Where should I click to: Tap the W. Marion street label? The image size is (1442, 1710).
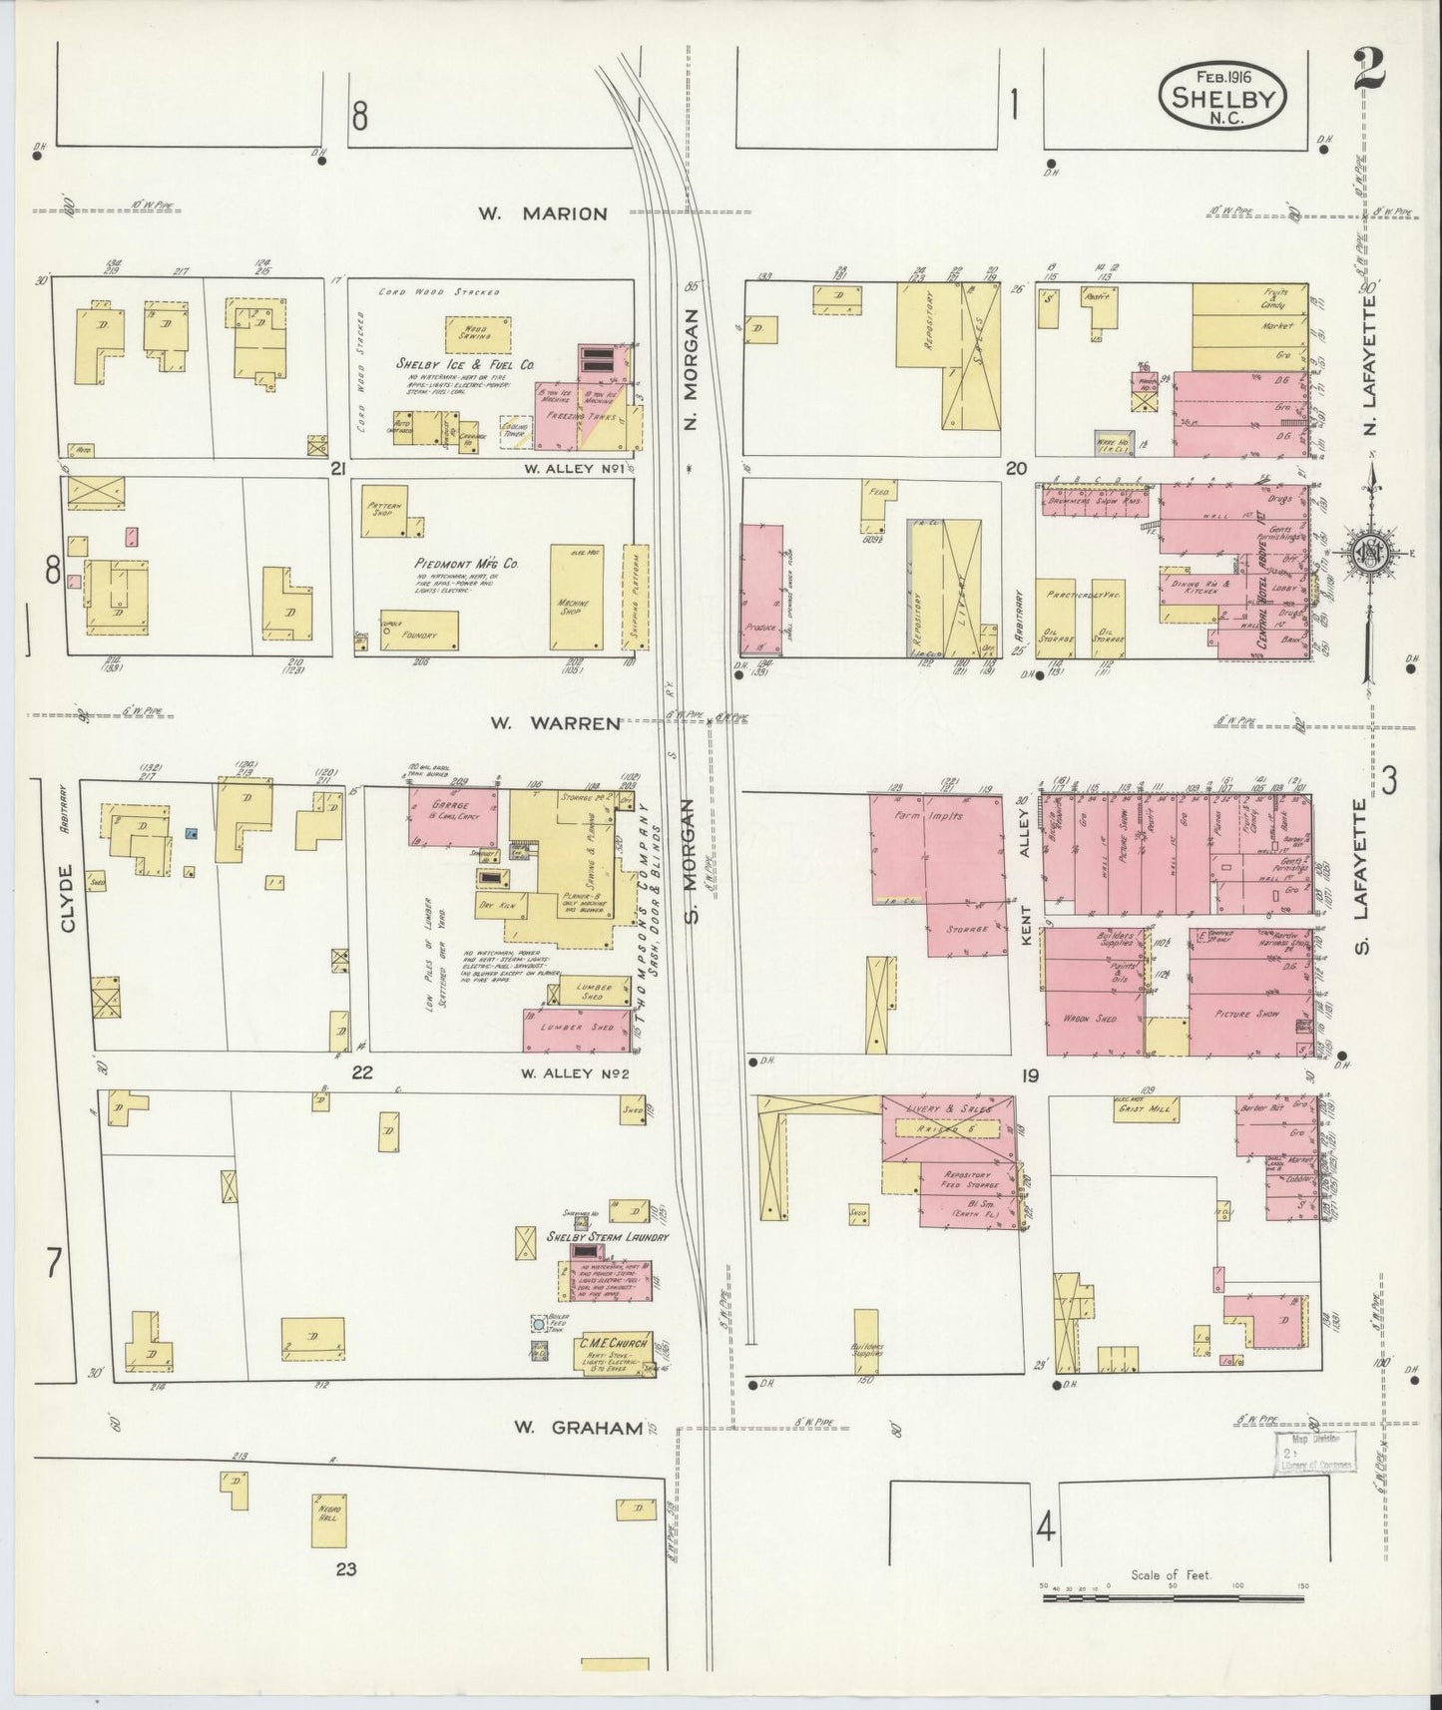coord(541,213)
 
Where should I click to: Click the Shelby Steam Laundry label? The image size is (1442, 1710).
coord(606,1238)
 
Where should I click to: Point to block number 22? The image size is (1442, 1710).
coord(361,1073)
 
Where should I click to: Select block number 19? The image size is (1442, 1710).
coord(1030,1075)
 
